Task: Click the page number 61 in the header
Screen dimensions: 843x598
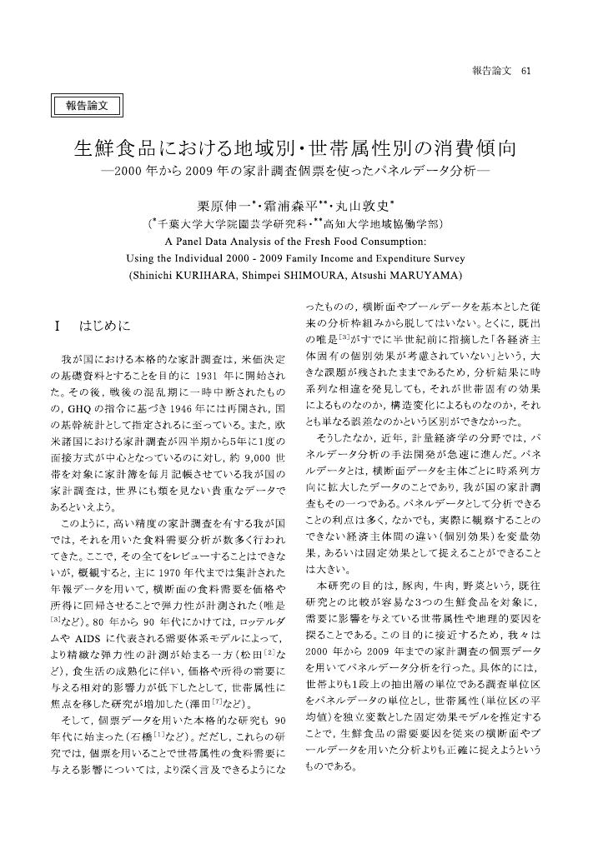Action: [x=525, y=71]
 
